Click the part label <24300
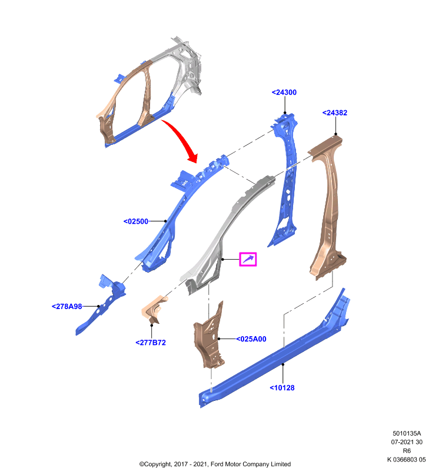(x=284, y=92)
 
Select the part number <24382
(x=335, y=112)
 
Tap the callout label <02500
(x=136, y=221)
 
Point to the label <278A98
(x=67, y=306)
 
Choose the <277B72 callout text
(x=151, y=343)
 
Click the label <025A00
(x=251, y=339)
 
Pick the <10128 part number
(x=282, y=388)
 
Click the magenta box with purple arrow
(x=248, y=259)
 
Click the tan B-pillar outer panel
(x=327, y=207)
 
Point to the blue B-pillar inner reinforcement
(x=286, y=180)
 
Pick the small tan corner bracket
(x=154, y=310)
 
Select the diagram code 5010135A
(x=407, y=433)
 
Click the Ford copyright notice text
(x=215, y=464)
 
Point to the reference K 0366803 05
(x=407, y=459)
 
